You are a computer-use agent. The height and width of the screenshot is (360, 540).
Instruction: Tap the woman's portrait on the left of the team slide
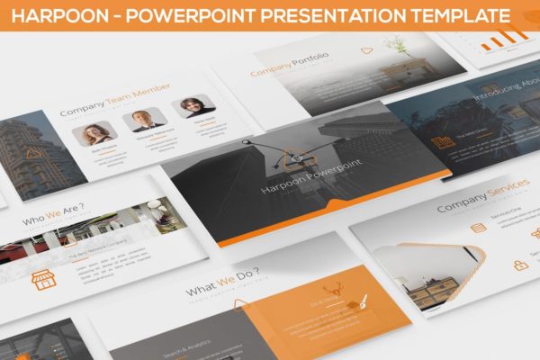93,135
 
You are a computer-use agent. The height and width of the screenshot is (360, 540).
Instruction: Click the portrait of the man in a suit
141,121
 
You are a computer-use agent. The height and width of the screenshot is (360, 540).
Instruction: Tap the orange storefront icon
42,279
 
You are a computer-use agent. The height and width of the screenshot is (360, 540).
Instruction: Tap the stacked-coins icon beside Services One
478,227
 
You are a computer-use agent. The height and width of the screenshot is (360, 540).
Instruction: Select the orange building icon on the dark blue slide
442,142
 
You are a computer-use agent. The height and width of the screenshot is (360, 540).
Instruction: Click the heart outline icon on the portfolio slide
366,51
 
